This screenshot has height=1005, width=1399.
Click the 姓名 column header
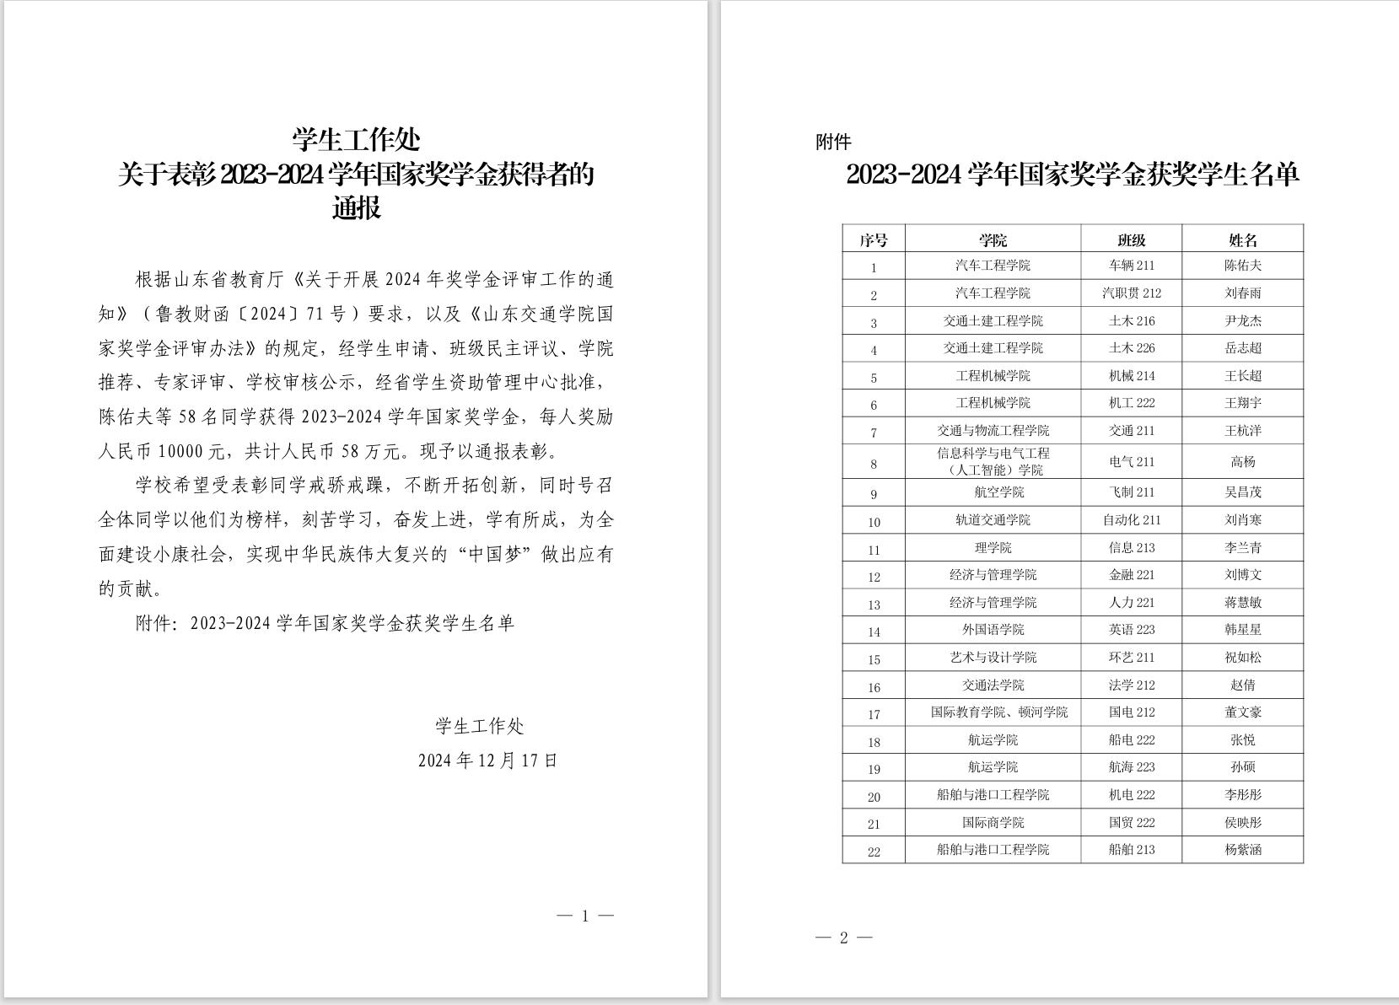coord(1242,240)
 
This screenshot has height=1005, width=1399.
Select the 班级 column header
coord(1131,240)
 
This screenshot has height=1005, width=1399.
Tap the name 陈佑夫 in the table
coord(1242,266)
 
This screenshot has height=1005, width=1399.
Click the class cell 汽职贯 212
coord(1131,293)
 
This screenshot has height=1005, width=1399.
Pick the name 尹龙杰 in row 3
coord(1242,321)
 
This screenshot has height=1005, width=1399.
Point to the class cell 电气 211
coord(1131,462)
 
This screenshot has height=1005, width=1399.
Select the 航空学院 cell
coord(993,492)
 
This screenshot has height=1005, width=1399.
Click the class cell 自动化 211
coord(1131,520)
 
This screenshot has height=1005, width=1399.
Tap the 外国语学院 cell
coord(993,630)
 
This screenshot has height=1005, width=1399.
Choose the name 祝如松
coord(1242,658)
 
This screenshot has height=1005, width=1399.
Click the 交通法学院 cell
coord(993,685)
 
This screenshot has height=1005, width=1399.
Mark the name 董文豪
coord(1242,712)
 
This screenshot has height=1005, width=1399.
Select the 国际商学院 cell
coord(993,823)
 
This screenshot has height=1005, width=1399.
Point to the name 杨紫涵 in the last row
coord(1242,850)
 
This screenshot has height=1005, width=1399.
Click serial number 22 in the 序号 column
coord(874,852)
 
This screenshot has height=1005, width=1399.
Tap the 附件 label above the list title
coord(833,142)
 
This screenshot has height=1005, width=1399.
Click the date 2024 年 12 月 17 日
coord(487,760)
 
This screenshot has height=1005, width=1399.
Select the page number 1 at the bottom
coord(585,916)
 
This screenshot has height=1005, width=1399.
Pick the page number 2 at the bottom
coord(843,938)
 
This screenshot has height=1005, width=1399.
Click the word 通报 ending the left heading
coord(356,208)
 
